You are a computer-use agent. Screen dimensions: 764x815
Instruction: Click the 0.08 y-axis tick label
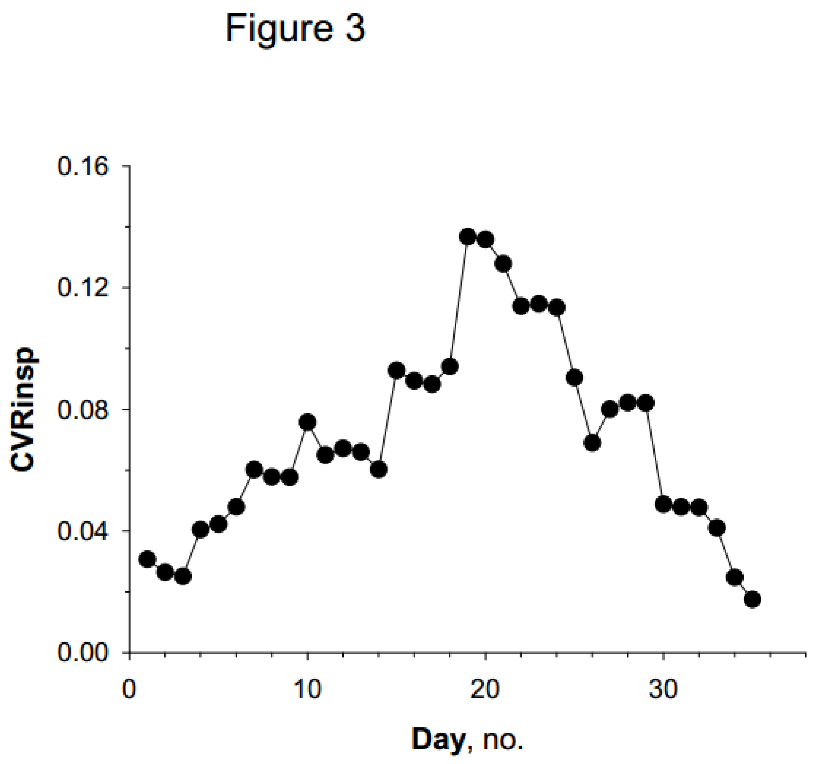[77, 409]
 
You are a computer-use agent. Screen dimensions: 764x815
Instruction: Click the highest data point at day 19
[467, 237]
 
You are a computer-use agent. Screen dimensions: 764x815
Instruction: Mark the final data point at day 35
[752, 600]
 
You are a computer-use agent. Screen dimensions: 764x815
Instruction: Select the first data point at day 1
[147, 559]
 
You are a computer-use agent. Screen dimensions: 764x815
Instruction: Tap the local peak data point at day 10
[307, 422]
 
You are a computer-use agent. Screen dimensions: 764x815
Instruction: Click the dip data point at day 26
[592, 443]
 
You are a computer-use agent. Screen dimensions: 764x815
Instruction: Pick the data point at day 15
[396, 371]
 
